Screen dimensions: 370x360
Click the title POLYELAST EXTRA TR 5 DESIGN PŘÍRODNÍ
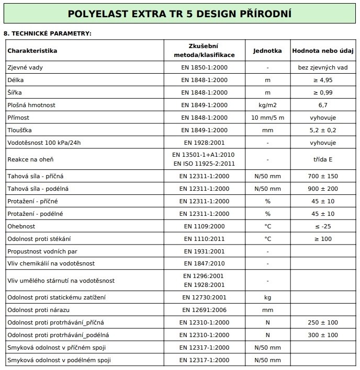coord(179,14)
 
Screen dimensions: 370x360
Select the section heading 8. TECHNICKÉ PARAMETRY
coord(48,33)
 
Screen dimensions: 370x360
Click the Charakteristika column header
coord(32,51)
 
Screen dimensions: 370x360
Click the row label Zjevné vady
coord(22,67)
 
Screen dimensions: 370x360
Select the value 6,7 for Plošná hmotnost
coord(322,105)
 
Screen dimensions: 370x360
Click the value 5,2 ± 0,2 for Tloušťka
coord(322,130)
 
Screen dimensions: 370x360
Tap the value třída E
coord(322,159)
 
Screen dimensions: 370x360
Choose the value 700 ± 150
coord(322,176)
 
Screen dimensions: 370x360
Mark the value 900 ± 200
coord(322,189)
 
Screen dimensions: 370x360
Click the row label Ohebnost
coord(21,226)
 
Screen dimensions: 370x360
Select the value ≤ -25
coord(322,226)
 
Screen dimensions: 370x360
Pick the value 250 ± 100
coord(322,322)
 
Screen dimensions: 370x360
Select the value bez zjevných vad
coord(322,67)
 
